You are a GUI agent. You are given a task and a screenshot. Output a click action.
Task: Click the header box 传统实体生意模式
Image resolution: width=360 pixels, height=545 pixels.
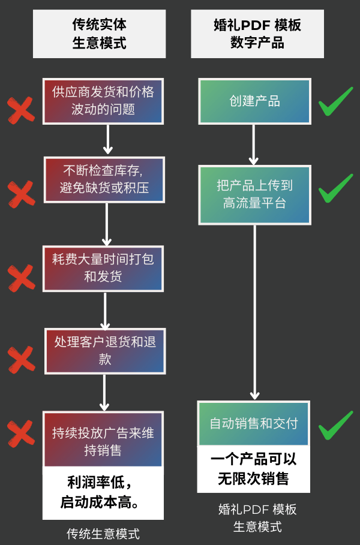[x=100, y=34]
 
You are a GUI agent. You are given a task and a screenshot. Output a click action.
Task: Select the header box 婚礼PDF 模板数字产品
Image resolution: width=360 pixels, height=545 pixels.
[x=257, y=34]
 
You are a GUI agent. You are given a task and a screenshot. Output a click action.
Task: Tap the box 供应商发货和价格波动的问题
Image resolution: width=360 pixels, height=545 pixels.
[x=103, y=100]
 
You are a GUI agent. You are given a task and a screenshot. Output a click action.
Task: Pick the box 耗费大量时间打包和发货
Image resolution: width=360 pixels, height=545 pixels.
[x=103, y=267]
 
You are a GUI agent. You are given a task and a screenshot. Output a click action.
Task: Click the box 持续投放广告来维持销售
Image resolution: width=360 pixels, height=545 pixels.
[x=103, y=439]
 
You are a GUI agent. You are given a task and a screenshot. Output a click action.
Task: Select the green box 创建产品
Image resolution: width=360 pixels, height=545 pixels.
[x=254, y=101]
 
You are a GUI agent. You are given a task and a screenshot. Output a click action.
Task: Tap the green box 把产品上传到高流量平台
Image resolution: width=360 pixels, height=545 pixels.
[x=254, y=195]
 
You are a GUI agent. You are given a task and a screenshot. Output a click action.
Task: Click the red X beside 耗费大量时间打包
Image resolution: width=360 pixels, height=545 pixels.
[x=20, y=277]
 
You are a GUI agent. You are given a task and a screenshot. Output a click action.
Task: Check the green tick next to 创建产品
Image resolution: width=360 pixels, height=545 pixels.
[x=335, y=102]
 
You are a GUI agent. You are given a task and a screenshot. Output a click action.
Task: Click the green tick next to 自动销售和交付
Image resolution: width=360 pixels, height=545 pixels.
[x=335, y=425]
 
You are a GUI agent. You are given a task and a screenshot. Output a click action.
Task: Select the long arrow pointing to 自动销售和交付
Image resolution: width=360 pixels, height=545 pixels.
[x=255, y=312]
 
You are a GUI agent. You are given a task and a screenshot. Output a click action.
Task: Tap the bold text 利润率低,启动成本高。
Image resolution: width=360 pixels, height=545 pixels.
[x=103, y=493]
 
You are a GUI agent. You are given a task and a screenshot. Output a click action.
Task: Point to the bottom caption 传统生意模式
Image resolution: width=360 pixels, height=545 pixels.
[x=103, y=533]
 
